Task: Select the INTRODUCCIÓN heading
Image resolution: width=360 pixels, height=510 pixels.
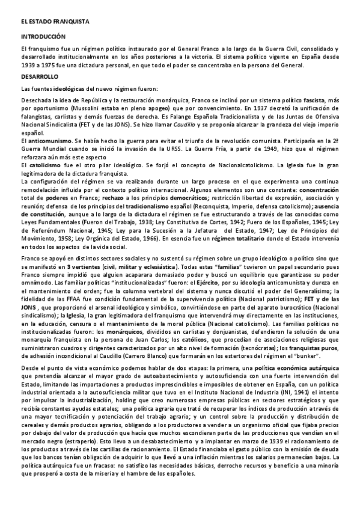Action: click(x=43, y=37)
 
